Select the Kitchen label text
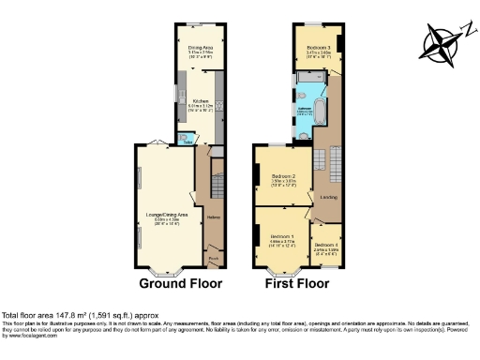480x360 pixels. click(x=200, y=100)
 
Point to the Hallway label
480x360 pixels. click(x=213, y=218)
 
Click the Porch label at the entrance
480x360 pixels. click(x=213, y=259)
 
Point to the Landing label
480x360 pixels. click(x=328, y=198)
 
